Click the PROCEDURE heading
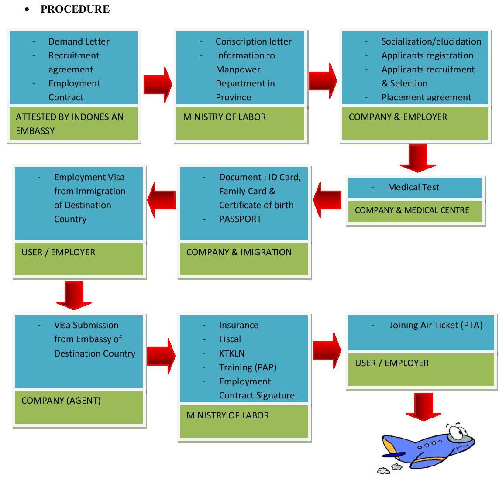(75, 9)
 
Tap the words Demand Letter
(79, 41)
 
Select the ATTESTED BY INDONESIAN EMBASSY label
(69, 123)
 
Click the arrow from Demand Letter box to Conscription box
(157, 85)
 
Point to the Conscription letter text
(253, 41)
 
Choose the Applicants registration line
(427, 55)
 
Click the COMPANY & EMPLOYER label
(398, 117)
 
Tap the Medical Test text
(413, 187)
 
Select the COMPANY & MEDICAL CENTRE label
(412, 210)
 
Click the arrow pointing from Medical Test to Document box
(327, 199)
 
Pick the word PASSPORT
(240, 219)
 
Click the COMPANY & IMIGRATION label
(239, 252)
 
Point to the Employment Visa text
(89, 177)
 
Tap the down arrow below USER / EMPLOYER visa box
(74, 295)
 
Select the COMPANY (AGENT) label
(61, 401)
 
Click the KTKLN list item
(231, 353)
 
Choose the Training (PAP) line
(248, 367)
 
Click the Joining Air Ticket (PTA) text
(436, 325)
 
